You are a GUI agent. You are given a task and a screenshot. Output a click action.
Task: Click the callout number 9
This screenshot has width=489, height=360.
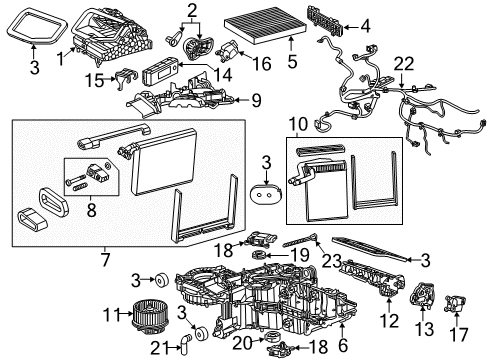click(x=256, y=99)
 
